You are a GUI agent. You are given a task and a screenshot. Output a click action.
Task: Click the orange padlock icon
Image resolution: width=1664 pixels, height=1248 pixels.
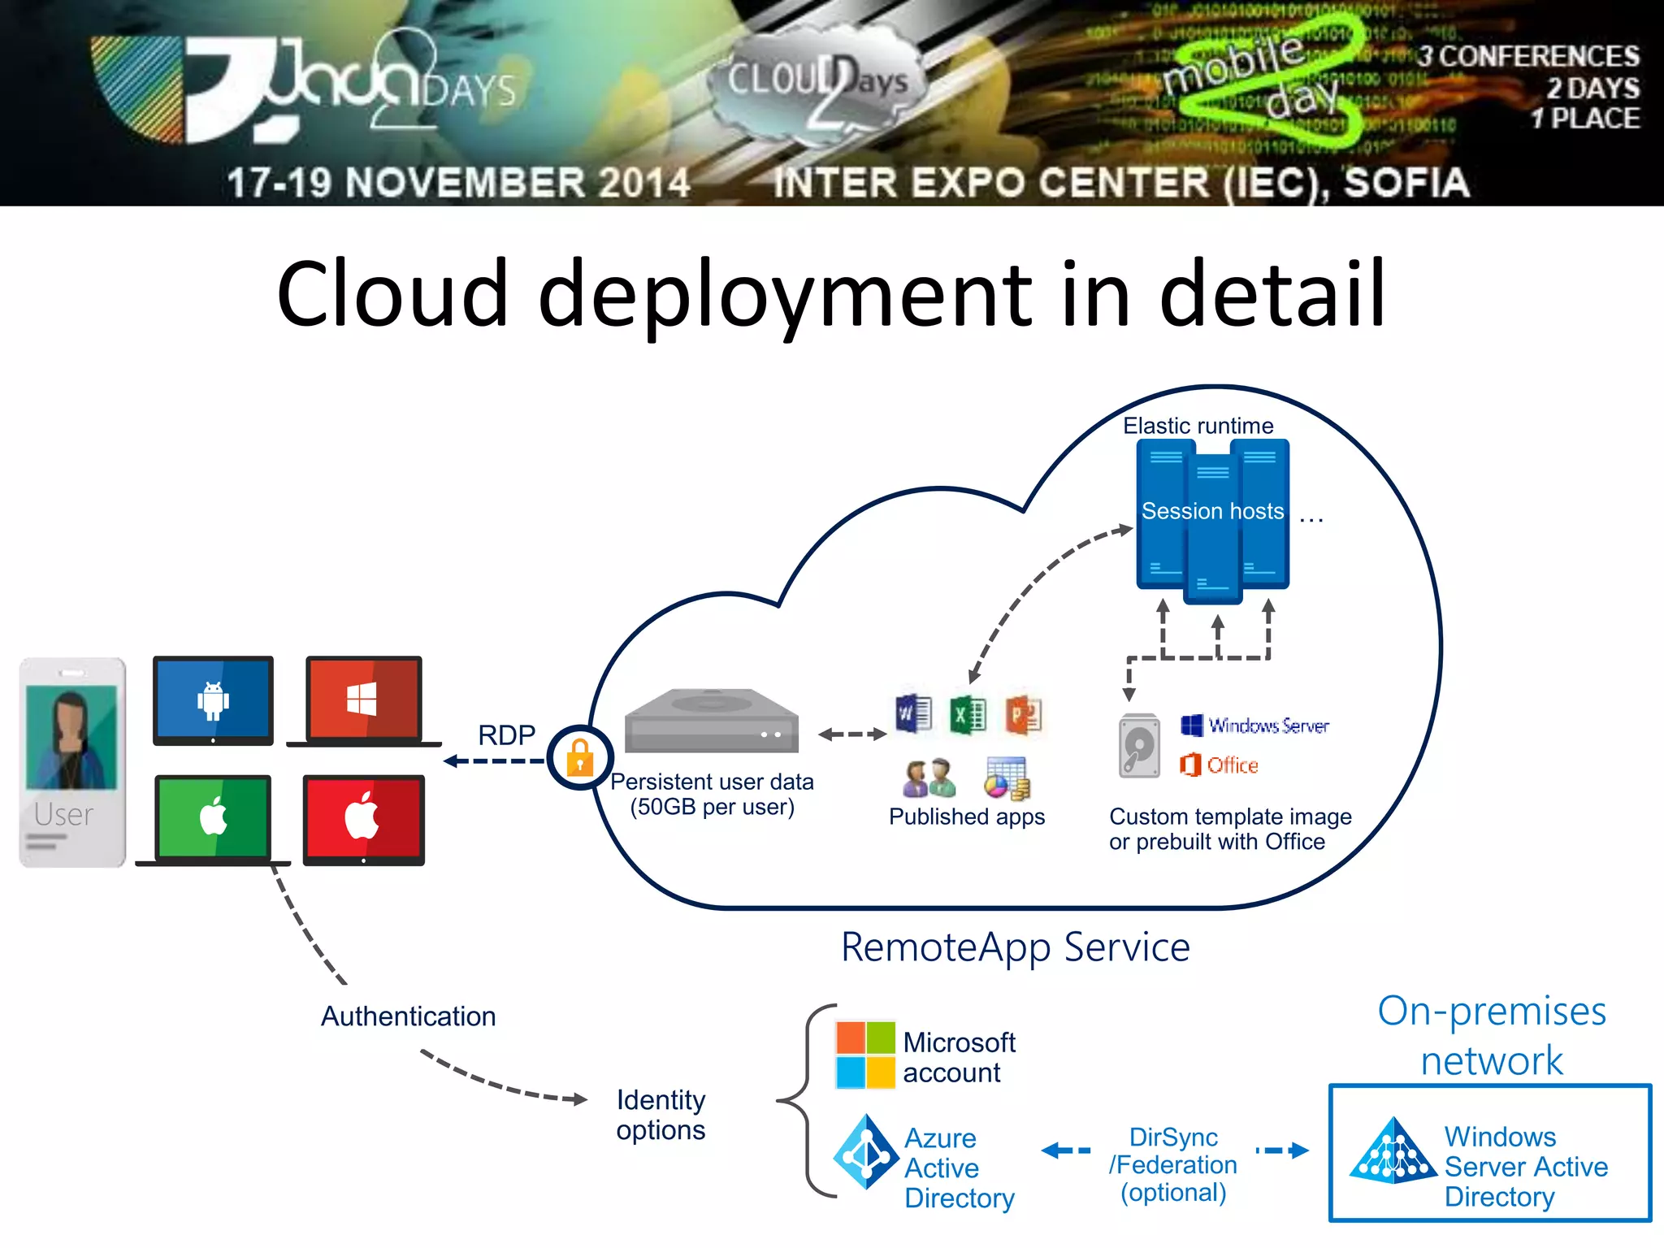[580, 757]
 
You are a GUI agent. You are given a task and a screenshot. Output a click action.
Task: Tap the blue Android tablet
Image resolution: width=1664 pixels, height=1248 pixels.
[213, 700]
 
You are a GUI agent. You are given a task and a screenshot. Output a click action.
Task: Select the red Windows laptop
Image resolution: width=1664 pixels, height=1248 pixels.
[363, 700]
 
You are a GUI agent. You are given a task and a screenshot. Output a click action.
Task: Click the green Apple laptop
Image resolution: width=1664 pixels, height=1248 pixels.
[213, 819]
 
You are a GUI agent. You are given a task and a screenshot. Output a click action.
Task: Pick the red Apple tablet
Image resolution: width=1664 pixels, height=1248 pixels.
[363, 819]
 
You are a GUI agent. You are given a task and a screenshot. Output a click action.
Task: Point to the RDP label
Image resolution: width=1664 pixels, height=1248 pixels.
[506, 734]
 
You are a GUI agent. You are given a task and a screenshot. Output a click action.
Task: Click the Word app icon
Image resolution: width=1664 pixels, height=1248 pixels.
[913, 714]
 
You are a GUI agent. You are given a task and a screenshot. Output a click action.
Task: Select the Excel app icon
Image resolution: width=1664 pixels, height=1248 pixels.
[968, 715]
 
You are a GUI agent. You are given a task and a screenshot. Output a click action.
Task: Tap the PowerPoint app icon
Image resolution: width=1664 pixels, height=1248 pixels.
[1023, 715]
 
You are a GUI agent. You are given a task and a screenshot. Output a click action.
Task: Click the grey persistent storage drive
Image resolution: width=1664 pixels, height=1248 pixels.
[711, 721]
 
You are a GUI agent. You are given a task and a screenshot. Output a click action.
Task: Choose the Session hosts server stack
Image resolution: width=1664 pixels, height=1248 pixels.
[1212, 520]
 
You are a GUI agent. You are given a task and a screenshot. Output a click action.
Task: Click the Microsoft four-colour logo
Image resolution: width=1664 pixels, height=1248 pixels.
[865, 1055]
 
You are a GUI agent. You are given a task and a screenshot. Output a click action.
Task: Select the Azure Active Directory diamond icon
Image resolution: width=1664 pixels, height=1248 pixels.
[865, 1152]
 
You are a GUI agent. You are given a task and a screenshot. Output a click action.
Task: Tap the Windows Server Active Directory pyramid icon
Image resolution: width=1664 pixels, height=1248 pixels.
[1393, 1152]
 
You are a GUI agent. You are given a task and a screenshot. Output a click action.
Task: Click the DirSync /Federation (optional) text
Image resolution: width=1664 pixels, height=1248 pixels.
[1173, 1164]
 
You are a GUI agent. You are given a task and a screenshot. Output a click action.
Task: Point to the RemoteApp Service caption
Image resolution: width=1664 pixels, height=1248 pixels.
[1015, 947]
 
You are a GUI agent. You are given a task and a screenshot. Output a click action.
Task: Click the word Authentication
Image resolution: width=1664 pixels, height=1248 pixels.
[408, 1016]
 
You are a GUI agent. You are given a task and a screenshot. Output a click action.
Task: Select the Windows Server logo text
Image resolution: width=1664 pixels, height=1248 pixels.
[1256, 725]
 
